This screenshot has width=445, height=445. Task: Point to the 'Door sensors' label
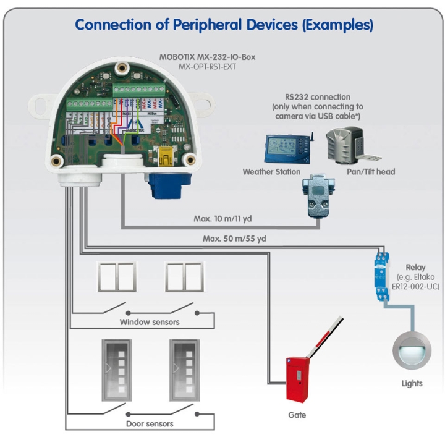(149, 423)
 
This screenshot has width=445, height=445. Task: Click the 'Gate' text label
(297, 415)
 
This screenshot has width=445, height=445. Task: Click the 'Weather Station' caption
(272, 171)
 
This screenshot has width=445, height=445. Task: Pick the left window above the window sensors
(117, 277)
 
